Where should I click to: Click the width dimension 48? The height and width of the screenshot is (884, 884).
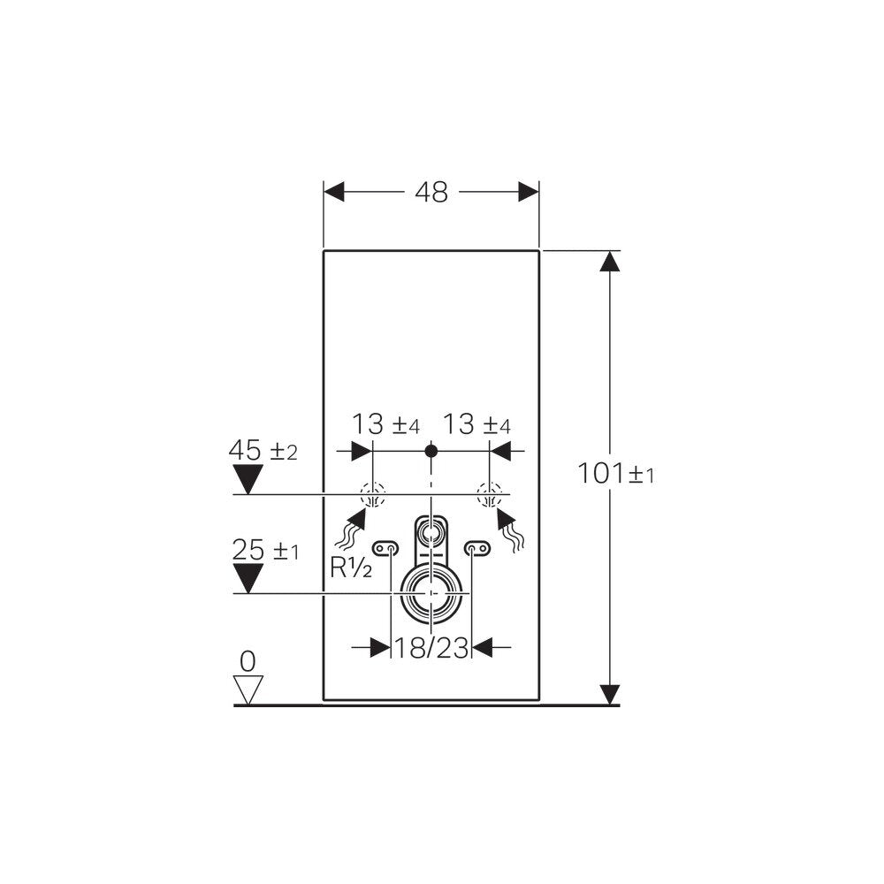coord(431,192)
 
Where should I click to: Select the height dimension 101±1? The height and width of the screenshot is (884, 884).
coord(615,473)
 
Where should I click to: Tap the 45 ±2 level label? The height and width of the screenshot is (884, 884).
coord(263,451)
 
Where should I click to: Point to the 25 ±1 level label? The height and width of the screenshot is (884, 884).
coord(265,550)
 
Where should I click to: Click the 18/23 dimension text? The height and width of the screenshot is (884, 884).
coord(431,648)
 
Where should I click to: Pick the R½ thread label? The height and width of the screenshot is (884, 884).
coord(351,568)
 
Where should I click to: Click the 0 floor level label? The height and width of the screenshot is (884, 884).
coord(248,661)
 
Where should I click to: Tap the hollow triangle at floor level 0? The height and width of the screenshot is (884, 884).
coord(248,690)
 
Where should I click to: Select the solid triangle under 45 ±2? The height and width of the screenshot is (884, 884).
coord(248,479)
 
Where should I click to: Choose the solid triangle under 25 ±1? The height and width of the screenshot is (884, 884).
coord(248,578)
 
